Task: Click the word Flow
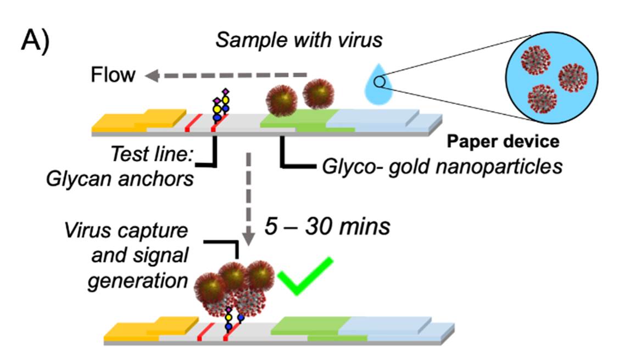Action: [113, 74]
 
